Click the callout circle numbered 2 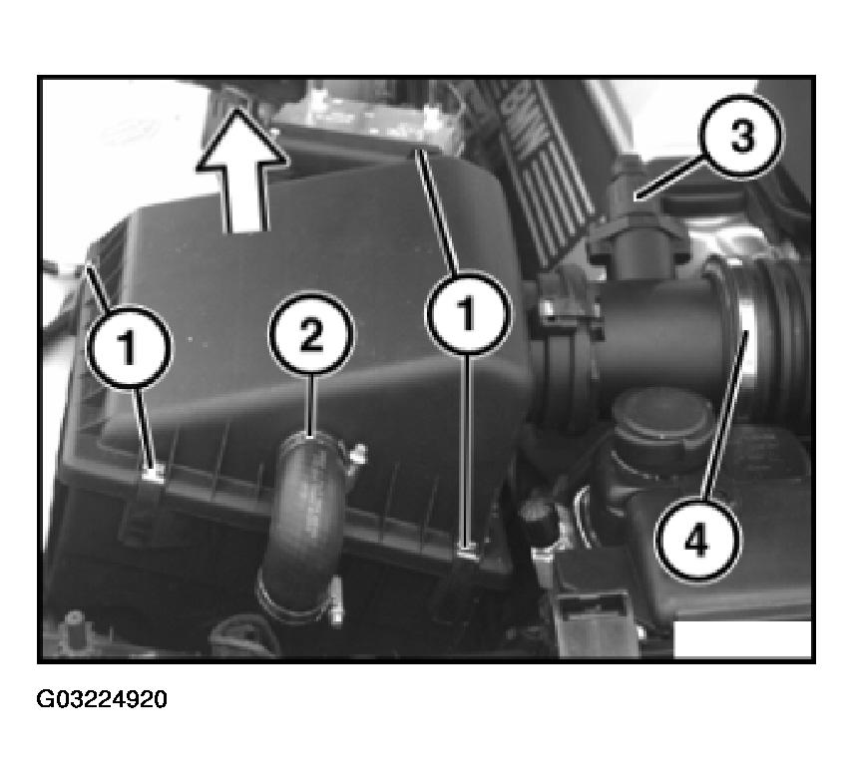coord(311,334)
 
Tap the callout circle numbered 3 coord(741,136)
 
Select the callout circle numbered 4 coord(698,541)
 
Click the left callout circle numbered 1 coord(129,347)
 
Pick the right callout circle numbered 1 coord(467,313)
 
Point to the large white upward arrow coord(241,170)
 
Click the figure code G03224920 coord(102,699)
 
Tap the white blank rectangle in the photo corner coord(742,638)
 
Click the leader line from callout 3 coord(669,178)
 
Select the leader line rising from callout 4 coord(723,414)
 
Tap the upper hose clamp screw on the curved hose coord(358,454)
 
